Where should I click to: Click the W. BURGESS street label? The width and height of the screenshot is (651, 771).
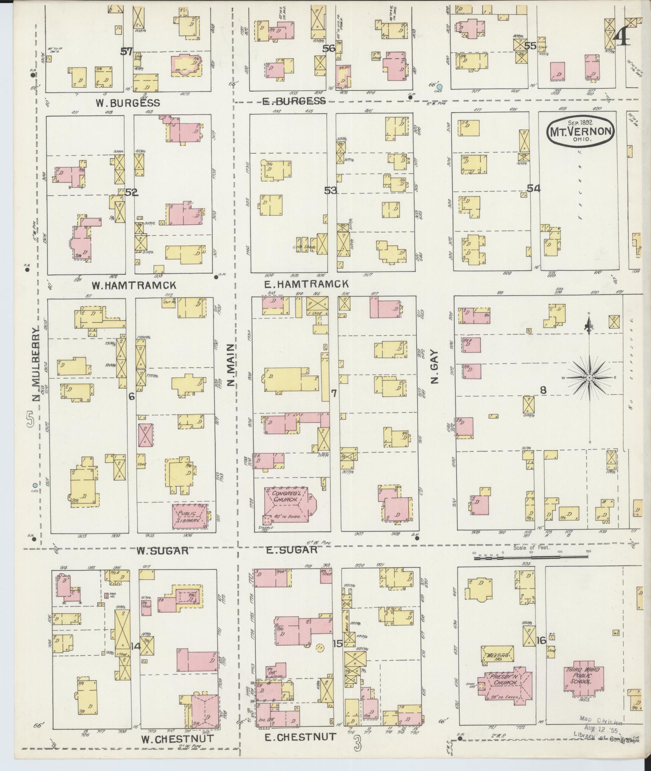click(x=128, y=103)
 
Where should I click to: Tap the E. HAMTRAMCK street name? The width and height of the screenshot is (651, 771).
click(x=306, y=284)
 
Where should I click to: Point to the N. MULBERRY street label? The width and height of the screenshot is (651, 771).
click(x=36, y=364)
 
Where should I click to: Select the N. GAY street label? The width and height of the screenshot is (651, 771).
click(x=435, y=367)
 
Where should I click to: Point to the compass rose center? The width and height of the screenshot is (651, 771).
click(x=589, y=378)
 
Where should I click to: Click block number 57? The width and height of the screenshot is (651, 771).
click(x=127, y=51)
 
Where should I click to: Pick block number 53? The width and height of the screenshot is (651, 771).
click(x=330, y=190)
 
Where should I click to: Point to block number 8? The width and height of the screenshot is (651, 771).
click(x=543, y=390)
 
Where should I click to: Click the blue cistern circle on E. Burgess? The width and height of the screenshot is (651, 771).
click(x=439, y=87)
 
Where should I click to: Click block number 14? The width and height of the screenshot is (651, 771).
click(x=136, y=646)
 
